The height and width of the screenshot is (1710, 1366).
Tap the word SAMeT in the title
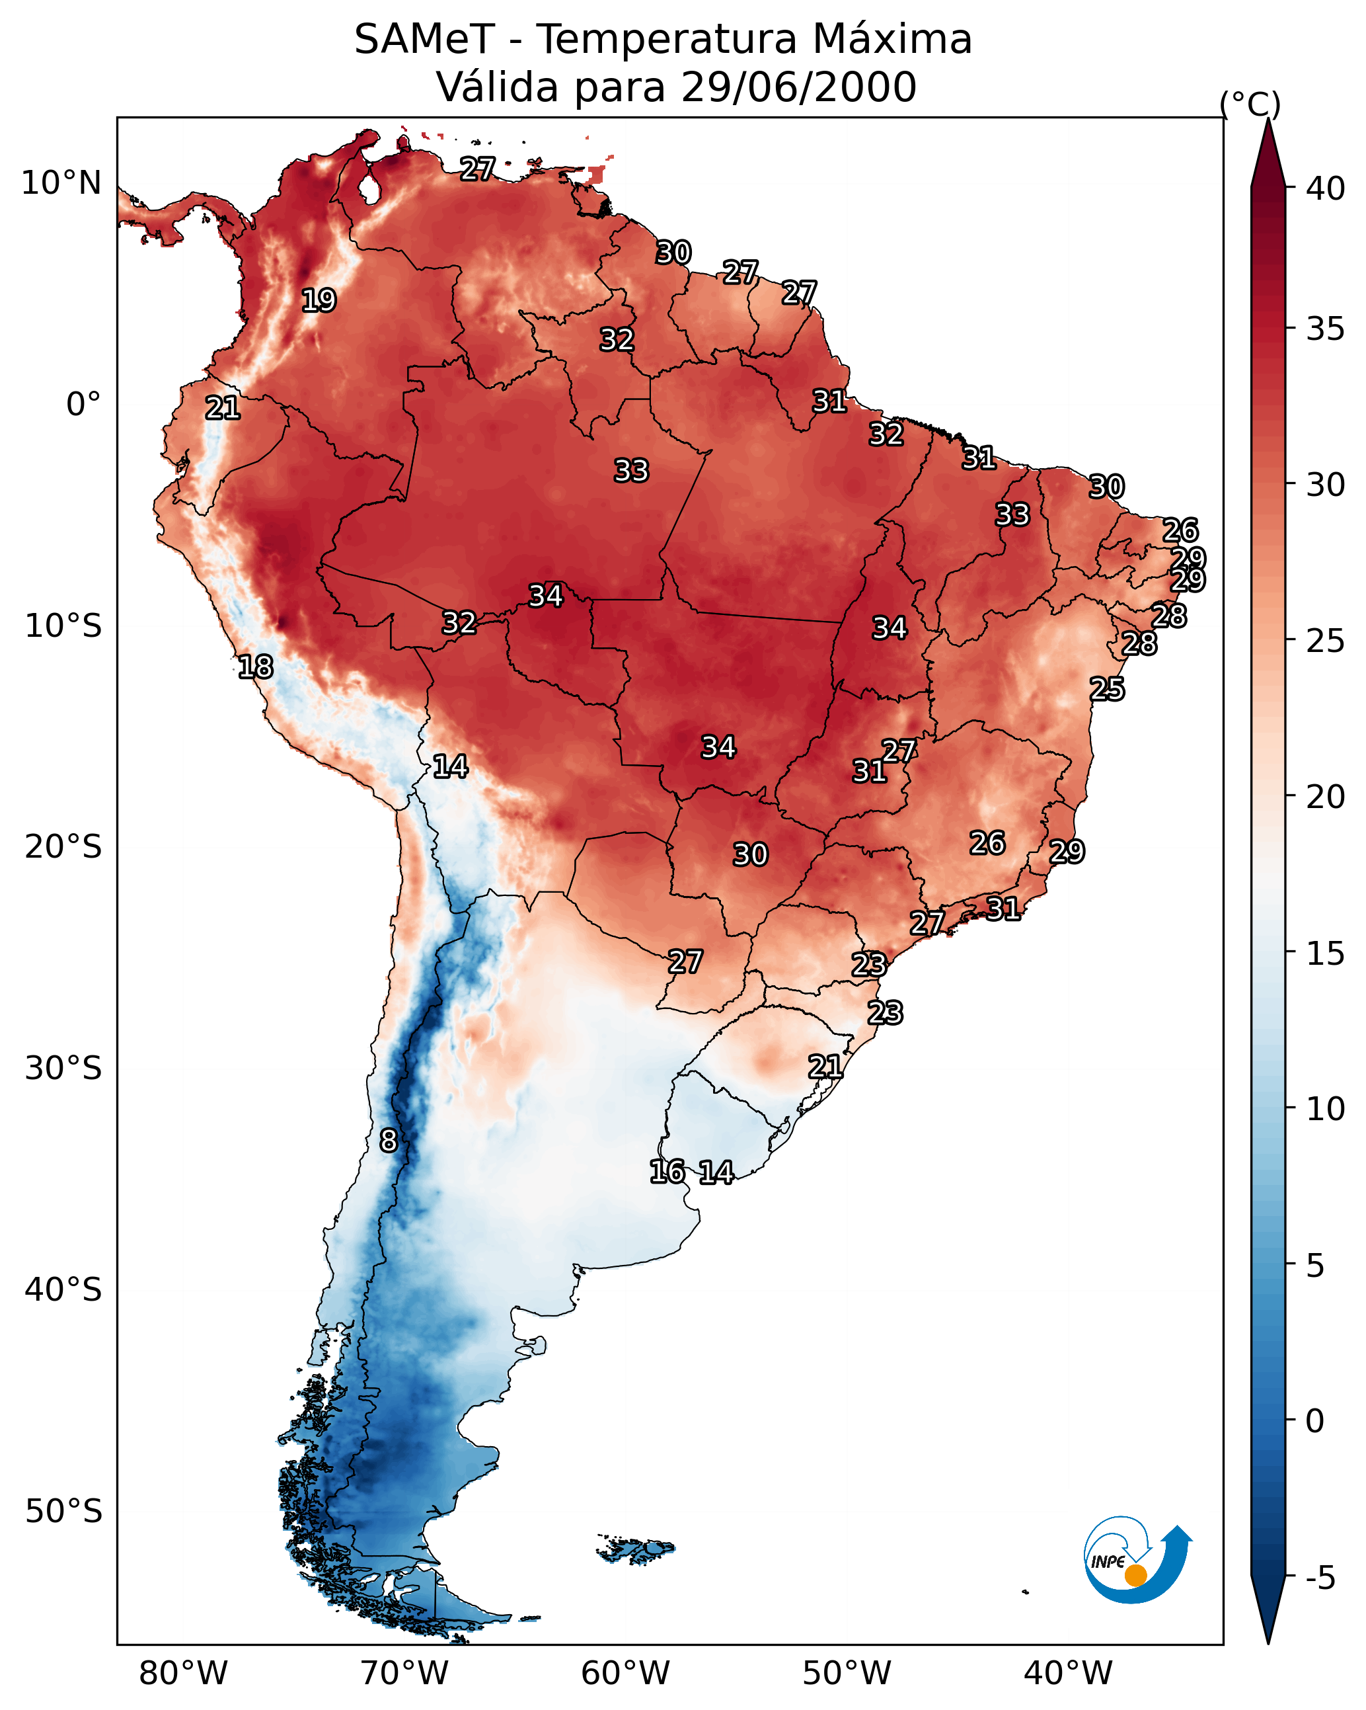424,40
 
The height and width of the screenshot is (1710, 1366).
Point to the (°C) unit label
1250,104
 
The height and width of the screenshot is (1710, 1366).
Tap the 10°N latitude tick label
61,183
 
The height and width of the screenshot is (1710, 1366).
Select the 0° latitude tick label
83,405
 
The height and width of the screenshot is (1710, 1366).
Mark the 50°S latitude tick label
63,1512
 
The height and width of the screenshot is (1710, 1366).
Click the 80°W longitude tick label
183,1674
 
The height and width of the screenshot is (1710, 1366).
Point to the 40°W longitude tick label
1068,1674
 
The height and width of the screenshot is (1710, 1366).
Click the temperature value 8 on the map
389,1141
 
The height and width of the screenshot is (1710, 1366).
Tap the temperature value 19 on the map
319,301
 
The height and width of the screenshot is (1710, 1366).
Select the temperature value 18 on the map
255,667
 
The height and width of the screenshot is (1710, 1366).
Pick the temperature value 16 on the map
667,1172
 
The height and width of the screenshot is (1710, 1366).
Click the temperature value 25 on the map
1107,689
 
